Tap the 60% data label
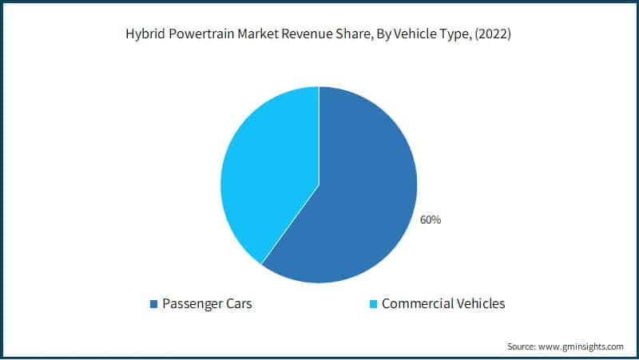coord(430,220)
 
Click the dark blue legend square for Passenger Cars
coord(153,304)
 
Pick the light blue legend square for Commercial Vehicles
coord(374,304)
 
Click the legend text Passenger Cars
coord(207,303)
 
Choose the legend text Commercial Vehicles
coord(443,303)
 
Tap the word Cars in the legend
coord(237,303)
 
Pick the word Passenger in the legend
coord(191,303)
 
